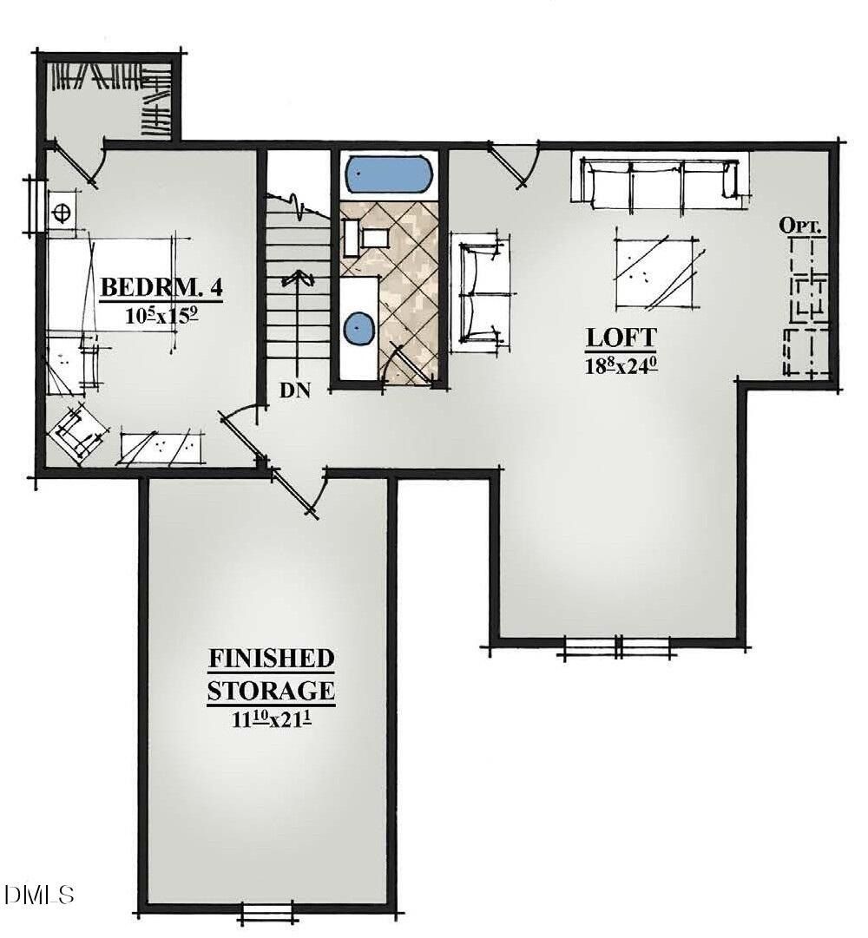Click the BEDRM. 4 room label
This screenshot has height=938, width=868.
pos(161,287)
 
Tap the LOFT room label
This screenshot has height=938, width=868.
pos(621,337)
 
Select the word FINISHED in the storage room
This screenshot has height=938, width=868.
pos(271,658)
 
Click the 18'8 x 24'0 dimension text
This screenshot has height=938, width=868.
pos(621,364)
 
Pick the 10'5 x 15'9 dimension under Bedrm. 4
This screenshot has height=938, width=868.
pos(162,315)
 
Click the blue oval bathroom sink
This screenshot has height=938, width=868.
pos(358,329)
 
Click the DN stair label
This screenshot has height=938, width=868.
pos(295,390)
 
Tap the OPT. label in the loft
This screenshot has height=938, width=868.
pos(804,226)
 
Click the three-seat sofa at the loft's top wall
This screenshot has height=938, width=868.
pos(660,182)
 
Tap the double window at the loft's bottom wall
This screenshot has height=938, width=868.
pos(616,646)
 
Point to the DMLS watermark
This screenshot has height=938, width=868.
pos(40,894)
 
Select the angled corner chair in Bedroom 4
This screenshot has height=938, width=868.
pos(80,431)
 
